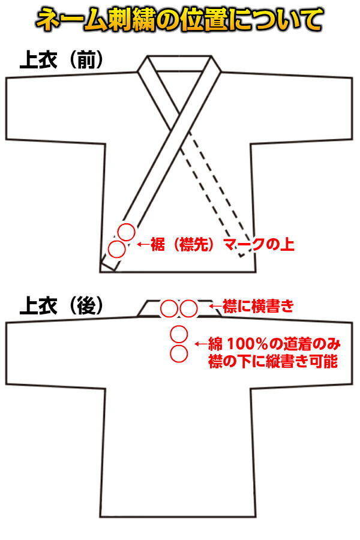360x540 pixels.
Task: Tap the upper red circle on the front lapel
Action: click(126, 232)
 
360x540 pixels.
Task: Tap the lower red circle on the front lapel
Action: click(116, 248)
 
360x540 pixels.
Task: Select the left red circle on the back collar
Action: click(169, 309)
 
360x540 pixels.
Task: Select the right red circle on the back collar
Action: click(188, 309)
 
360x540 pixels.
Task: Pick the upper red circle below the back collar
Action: click(179, 334)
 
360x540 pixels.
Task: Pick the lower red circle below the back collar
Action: click(179, 353)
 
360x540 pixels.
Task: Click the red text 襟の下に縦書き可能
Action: click(272, 362)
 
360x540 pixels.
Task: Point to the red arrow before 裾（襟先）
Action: click(143, 245)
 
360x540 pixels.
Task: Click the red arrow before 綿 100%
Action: click(201, 345)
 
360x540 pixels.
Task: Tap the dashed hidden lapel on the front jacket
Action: click(216, 192)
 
